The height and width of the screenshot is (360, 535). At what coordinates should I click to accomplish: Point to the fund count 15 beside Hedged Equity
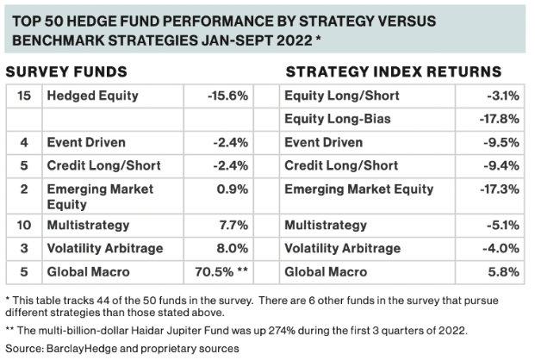(x=24, y=96)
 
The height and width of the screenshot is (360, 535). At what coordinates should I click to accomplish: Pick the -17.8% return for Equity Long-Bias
(x=498, y=119)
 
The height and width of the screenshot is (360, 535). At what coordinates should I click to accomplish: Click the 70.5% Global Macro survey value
(x=221, y=272)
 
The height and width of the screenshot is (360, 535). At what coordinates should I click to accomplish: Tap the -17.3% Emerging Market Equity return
(x=498, y=189)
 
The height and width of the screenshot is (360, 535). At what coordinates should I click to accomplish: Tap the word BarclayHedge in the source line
(x=76, y=349)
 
